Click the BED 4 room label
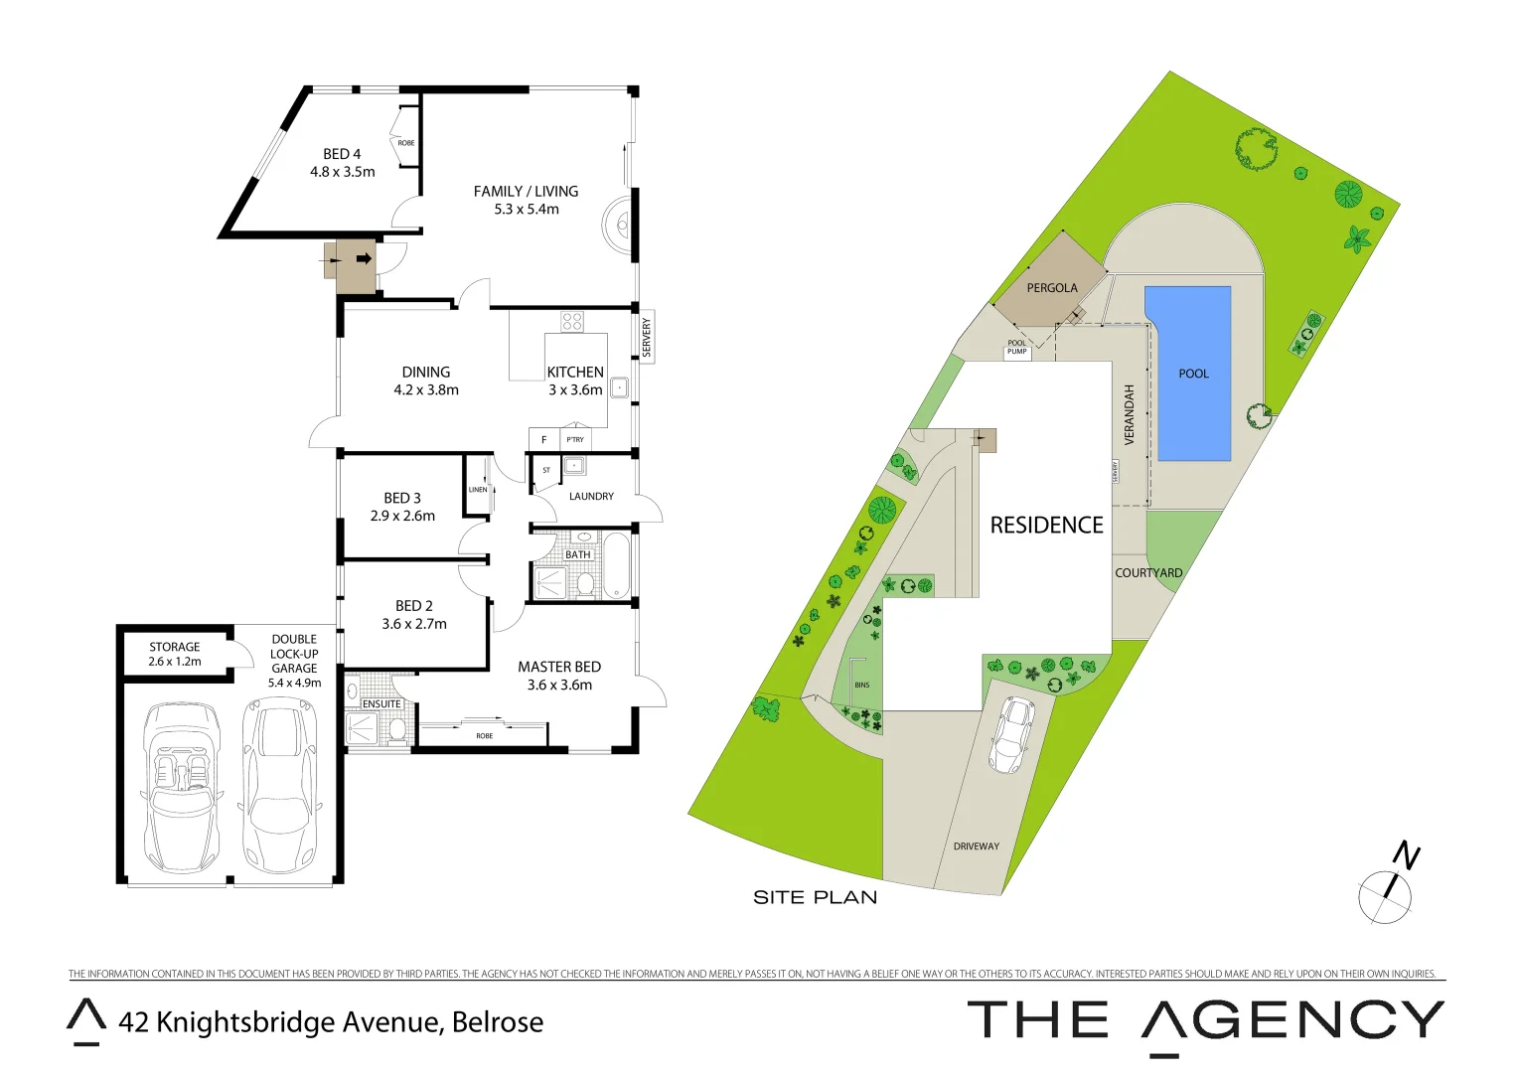pyautogui.click(x=342, y=154)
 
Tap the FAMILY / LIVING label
pyautogui.click(x=526, y=191)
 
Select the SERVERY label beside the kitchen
pyautogui.click(x=647, y=337)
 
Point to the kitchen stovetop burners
pyautogui.click(x=572, y=321)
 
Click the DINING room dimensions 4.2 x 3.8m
pyautogui.click(x=426, y=390)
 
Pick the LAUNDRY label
pyautogui.click(x=591, y=496)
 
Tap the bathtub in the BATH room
pyautogui.click(x=617, y=567)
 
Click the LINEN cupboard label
pyautogui.click(x=478, y=490)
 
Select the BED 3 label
pyautogui.click(x=402, y=498)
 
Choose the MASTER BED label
pyautogui.click(x=559, y=667)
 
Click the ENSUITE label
pyautogui.click(x=381, y=703)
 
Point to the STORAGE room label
pyautogui.click(x=175, y=647)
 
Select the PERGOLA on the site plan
pyautogui.click(x=1052, y=287)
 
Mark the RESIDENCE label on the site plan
pyautogui.click(x=1046, y=525)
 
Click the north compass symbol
pyautogui.click(x=1387, y=888)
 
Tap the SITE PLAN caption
pyautogui.click(x=815, y=897)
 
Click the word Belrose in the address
pyautogui.click(x=498, y=1022)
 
